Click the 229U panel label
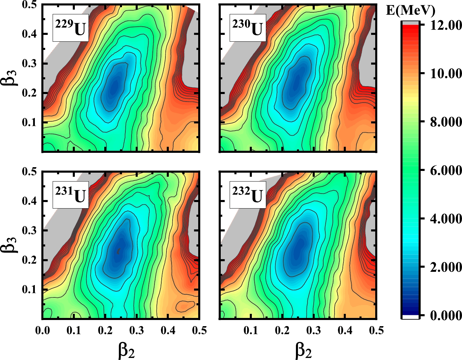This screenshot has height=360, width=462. tap(70, 28)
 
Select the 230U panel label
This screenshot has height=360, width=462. tap(247, 28)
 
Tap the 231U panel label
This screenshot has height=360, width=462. tap(70, 195)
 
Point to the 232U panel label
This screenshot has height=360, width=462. tap(247, 195)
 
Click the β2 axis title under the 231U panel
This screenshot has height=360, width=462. tap(126, 351)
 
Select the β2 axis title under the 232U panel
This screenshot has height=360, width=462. tap(303, 351)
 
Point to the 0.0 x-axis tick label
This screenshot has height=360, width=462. tap(42, 330)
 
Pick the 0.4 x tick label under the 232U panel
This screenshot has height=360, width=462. tap(345, 330)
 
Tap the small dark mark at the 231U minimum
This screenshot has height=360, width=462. tap(119, 251)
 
